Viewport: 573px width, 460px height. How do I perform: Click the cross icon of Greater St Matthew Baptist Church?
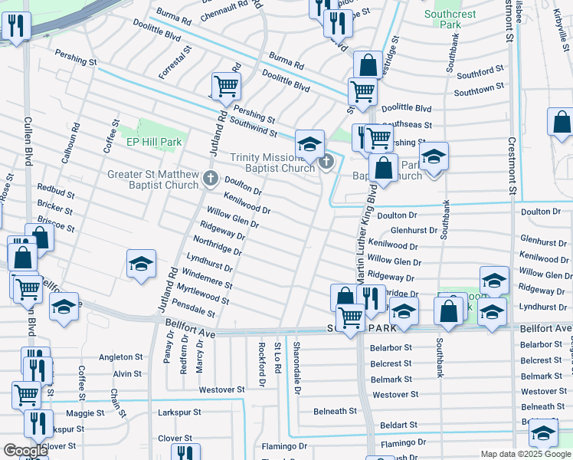coord(211,179)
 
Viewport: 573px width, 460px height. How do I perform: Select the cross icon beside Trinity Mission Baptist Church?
coord(327,162)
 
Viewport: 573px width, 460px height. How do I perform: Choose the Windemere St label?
coord(208,278)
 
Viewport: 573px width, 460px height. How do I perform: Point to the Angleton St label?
coord(121,357)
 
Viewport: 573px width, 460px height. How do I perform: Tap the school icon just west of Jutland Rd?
coord(142,264)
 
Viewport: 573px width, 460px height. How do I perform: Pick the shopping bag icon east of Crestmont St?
coord(562,122)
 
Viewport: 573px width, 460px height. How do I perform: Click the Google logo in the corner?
coord(25,451)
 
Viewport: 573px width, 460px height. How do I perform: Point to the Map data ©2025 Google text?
coord(524,454)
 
